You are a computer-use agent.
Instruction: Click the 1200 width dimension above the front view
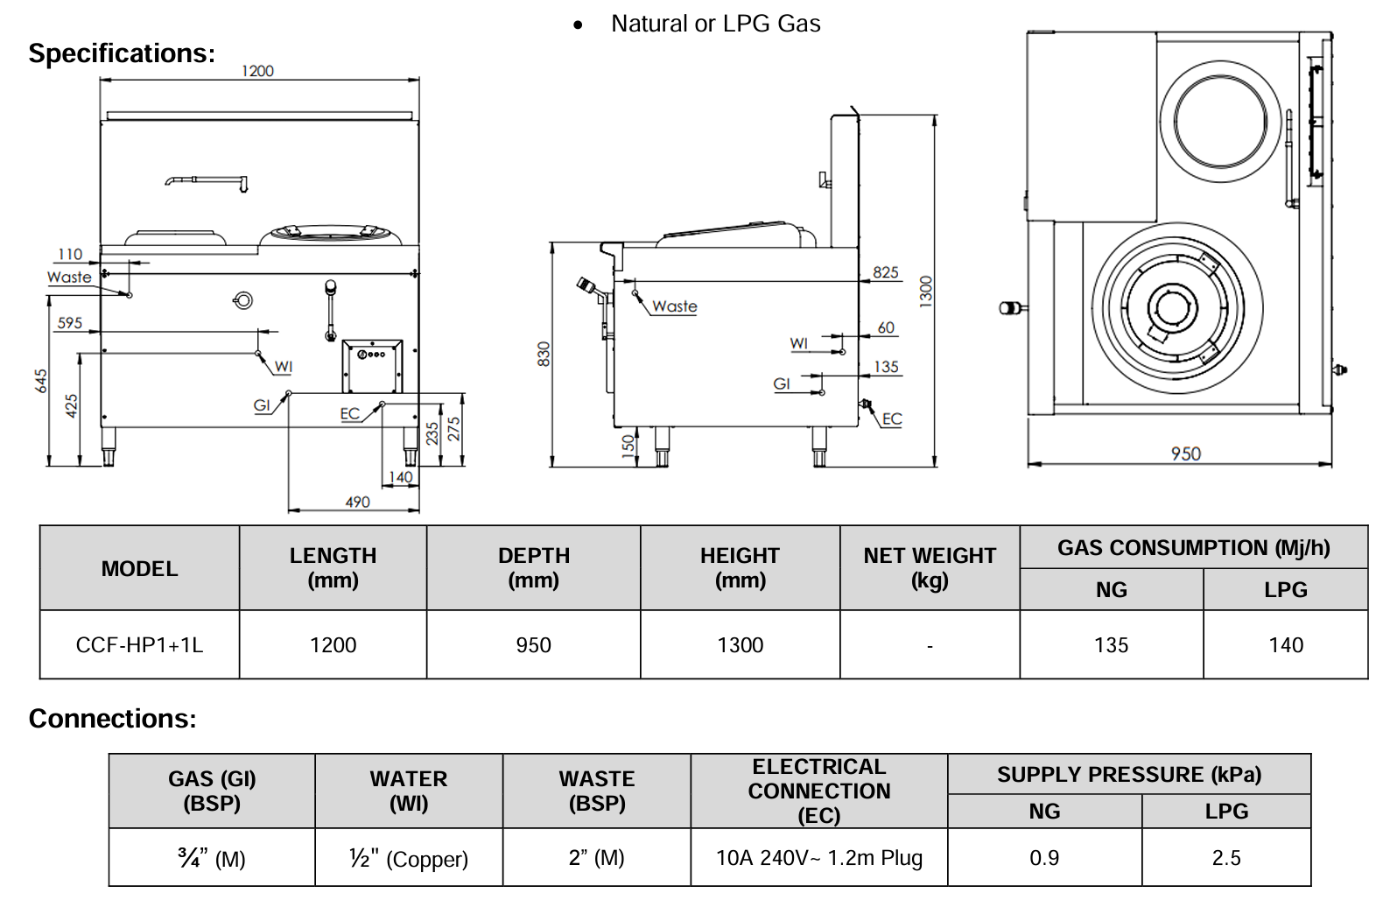[x=257, y=71]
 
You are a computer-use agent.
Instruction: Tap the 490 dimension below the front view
[x=357, y=502]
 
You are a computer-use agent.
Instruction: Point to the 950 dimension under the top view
[x=1186, y=454]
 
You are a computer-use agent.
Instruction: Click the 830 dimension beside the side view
[x=544, y=354]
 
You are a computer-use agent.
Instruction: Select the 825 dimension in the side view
[x=885, y=272]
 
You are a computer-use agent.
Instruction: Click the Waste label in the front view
[x=69, y=277]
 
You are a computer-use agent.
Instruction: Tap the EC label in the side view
[x=891, y=419]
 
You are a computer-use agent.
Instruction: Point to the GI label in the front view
[x=262, y=405]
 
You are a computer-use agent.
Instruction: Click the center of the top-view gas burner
[x=1169, y=308]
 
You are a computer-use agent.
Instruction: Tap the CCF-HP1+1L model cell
[x=139, y=645]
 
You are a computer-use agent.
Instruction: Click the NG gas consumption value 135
[x=1111, y=645]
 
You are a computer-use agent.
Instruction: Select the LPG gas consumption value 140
[x=1285, y=645]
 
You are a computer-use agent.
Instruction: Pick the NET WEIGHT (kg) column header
[x=930, y=567]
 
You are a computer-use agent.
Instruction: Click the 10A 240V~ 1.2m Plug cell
[x=818, y=858]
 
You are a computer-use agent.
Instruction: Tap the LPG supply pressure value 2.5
[x=1225, y=858]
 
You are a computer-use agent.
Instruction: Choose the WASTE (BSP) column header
[x=597, y=791]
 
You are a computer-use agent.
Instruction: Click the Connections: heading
[x=113, y=719]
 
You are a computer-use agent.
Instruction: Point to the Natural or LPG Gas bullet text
[x=715, y=24]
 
